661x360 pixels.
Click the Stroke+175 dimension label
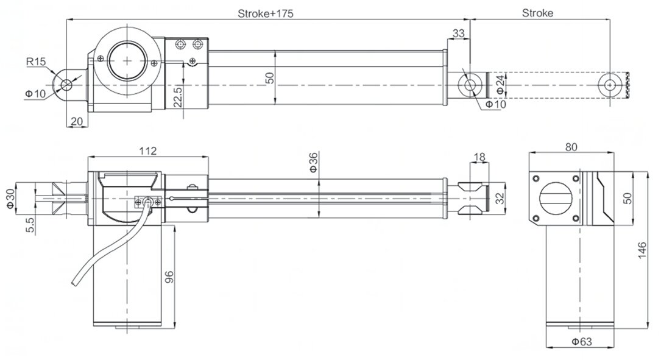[x=266, y=13]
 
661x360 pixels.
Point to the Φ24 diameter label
[x=500, y=85]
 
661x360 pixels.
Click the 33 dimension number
[x=459, y=33]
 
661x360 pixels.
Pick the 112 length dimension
[x=148, y=150]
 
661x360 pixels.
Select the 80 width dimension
[x=570, y=147]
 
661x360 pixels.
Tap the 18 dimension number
[x=479, y=157]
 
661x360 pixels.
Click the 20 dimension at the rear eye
[x=76, y=121]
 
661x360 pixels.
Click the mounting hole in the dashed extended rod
[x=610, y=85]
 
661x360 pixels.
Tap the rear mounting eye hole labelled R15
[x=65, y=85]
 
